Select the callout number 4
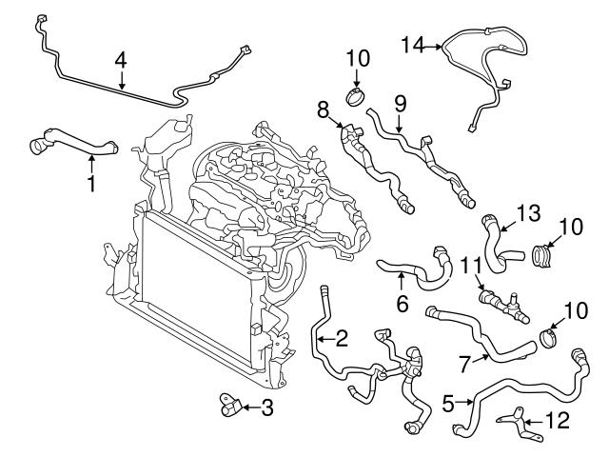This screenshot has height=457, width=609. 121,60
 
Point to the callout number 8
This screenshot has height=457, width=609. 323,110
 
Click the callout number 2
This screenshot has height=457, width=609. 341,336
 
